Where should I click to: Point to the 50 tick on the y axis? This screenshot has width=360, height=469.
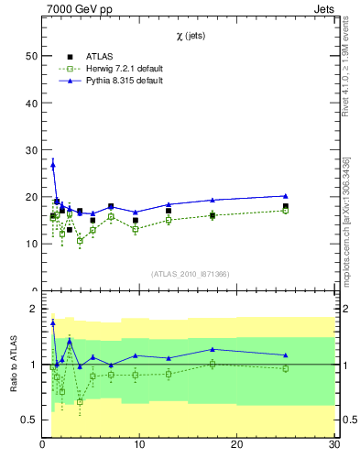(32, 56)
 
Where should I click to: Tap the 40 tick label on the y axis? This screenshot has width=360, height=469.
(32, 103)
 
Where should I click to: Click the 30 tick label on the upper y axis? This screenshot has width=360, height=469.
(32, 150)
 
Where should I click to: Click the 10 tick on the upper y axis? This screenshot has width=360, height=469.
(32, 244)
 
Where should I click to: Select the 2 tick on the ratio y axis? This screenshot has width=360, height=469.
(35, 310)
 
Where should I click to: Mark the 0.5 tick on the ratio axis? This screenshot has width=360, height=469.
(30, 420)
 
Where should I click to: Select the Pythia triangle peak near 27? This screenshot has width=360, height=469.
(53, 164)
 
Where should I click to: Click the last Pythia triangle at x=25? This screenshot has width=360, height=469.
(286, 195)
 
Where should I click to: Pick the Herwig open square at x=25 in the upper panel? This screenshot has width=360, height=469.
(286, 211)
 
